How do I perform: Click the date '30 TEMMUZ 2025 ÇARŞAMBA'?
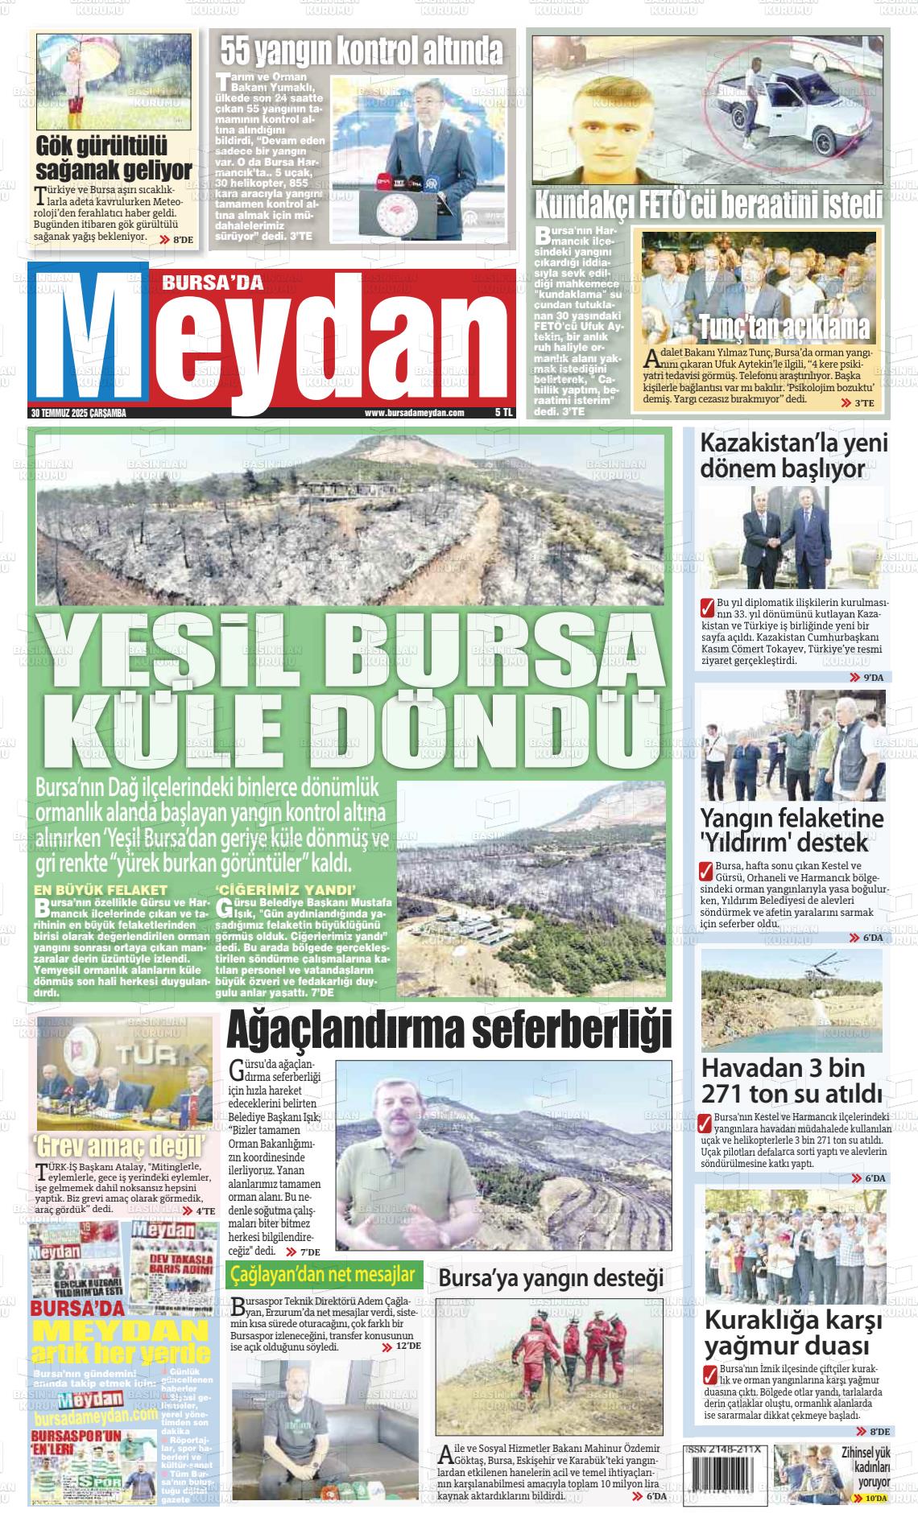pos(79,413)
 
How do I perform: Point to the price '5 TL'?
pos(503,413)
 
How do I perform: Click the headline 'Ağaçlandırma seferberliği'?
pos(449,1031)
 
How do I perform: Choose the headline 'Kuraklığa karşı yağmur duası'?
pos(793,1333)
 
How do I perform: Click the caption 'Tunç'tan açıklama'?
pos(784,328)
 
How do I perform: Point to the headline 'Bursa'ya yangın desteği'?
pos(551,1278)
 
